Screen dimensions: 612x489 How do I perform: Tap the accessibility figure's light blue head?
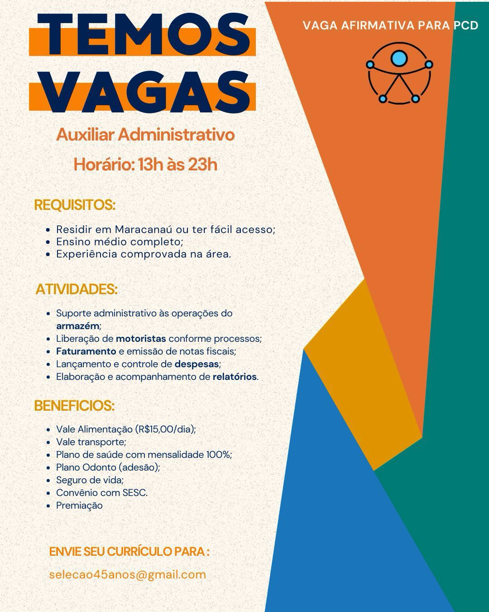tap(399, 58)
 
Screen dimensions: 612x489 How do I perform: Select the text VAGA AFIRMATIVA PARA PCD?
tap(390, 25)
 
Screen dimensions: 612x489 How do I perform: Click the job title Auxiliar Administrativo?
tap(145, 135)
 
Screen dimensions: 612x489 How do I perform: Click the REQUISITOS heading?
tap(75, 205)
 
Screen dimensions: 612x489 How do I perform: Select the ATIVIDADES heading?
tap(77, 289)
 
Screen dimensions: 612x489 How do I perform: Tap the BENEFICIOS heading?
tap(74, 406)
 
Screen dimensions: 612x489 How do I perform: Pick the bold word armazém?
tap(77, 325)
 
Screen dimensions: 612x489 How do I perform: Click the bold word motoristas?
tap(141, 338)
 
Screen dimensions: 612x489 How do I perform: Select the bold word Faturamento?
tap(86, 351)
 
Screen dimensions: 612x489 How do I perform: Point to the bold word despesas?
tap(197, 364)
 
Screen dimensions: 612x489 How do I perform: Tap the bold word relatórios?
tap(235, 376)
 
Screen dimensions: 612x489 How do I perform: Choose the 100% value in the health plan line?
tap(219, 454)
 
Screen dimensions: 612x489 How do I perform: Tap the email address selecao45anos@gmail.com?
tap(128, 574)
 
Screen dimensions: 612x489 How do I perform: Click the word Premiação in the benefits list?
tap(79, 505)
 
